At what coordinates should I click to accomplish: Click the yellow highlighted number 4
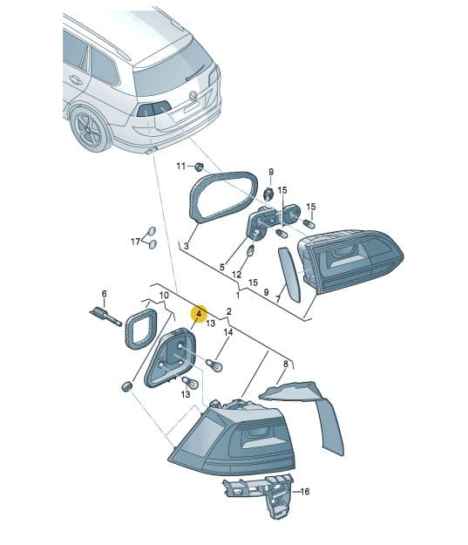pyautogui.click(x=199, y=314)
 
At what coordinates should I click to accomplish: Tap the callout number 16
pyautogui.click(x=304, y=492)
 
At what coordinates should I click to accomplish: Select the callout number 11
pyautogui.click(x=181, y=167)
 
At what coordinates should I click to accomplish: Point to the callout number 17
pyautogui.click(x=135, y=242)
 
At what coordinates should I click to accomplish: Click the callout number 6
pyautogui.click(x=105, y=294)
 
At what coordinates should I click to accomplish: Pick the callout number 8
pyautogui.click(x=286, y=364)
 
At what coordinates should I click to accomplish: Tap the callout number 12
pyautogui.click(x=236, y=275)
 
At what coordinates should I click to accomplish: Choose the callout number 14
pyautogui.click(x=228, y=332)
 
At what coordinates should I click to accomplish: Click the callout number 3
pyautogui.click(x=187, y=246)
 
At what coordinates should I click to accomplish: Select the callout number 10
pyautogui.click(x=164, y=296)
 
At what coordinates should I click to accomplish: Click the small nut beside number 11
pyautogui.click(x=199, y=167)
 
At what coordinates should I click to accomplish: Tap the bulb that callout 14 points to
pyautogui.click(x=214, y=365)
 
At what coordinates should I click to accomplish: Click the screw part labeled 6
pyautogui.click(x=106, y=316)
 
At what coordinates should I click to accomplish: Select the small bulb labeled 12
pyautogui.click(x=251, y=250)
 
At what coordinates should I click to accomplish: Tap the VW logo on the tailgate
pyautogui.click(x=193, y=96)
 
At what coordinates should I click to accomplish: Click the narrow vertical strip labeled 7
pyautogui.click(x=289, y=275)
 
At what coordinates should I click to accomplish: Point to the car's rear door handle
pyautogui.click(x=76, y=80)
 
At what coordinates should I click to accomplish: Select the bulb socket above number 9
pyautogui.click(x=268, y=194)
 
